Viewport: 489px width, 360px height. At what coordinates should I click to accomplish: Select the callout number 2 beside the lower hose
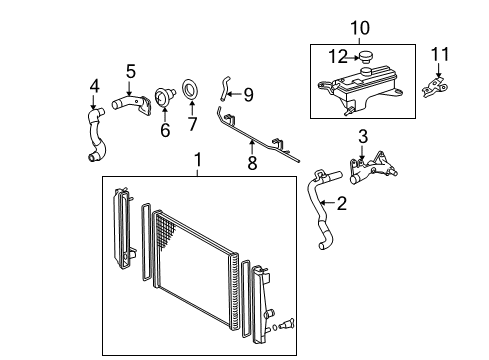[x=341, y=204]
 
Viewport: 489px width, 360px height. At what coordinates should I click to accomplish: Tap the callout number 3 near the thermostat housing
[x=363, y=136]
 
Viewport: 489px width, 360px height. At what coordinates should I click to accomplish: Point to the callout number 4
[x=94, y=87]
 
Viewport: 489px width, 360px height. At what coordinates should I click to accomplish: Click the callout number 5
[x=130, y=71]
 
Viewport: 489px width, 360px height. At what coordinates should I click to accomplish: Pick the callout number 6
[x=165, y=130]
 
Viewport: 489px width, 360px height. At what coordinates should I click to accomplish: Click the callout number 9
[x=247, y=95]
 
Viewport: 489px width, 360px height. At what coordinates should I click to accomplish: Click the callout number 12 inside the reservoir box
[x=340, y=57]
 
